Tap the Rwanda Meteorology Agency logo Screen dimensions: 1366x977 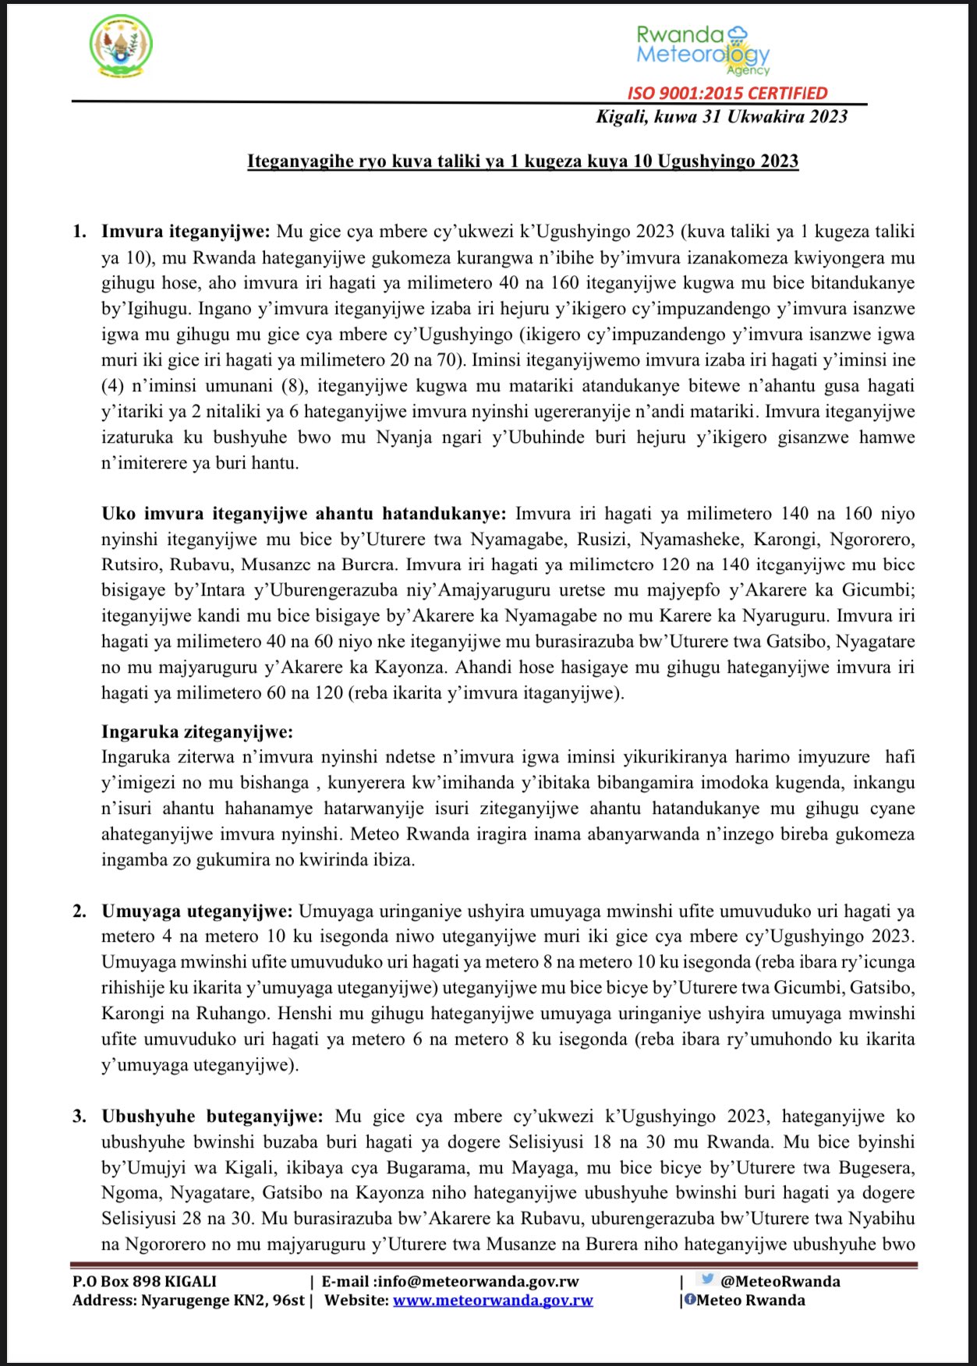(703, 49)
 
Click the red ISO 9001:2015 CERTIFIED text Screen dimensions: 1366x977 (727, 93)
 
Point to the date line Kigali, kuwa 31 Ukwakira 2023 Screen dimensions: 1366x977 (721, 117)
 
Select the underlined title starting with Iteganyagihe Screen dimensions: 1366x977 (522, 161)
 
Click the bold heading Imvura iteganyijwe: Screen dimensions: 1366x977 (186, 232)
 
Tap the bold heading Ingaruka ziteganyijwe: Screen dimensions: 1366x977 (197, 731)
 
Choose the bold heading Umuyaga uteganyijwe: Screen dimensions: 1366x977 (197, 911)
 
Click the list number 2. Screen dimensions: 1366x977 (80, 911)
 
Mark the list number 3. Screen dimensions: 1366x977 (80, 1116)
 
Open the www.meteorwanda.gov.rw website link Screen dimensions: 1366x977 (493, 1300)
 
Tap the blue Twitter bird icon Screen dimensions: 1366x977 (707, 1279)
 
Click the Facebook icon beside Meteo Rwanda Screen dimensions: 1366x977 (690, 1299)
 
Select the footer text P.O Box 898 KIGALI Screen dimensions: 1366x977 (144, 1281)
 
